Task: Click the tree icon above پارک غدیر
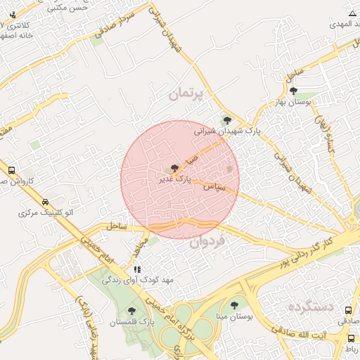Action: [x=174, y=168]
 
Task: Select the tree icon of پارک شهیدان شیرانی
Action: [x=226, y=120]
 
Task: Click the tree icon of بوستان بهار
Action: [x=293, y=91]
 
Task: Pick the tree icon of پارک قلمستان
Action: [x=131, y=310]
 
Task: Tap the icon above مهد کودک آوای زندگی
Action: [x=137, y=269]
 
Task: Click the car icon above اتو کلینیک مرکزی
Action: [x=45, y=200]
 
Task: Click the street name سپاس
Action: [x=214, y=188]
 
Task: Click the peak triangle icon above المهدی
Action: [x=352, y=14]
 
